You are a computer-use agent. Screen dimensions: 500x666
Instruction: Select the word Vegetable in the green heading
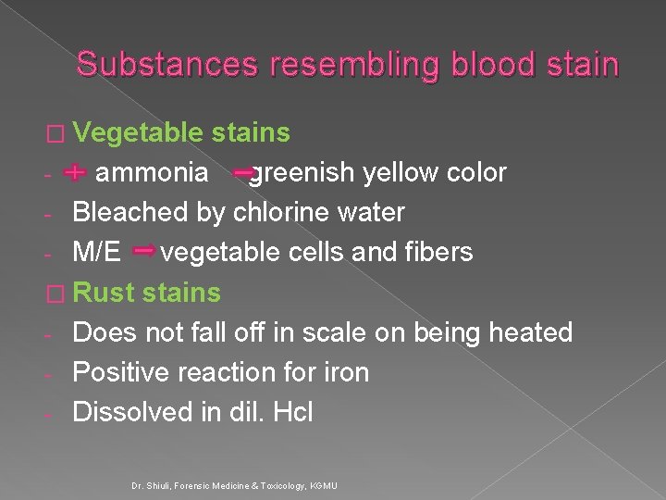138,132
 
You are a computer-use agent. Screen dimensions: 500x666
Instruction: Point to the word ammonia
153,173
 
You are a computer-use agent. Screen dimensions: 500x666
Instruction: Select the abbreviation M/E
97,253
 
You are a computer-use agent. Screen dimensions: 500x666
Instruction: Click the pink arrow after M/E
144,251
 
